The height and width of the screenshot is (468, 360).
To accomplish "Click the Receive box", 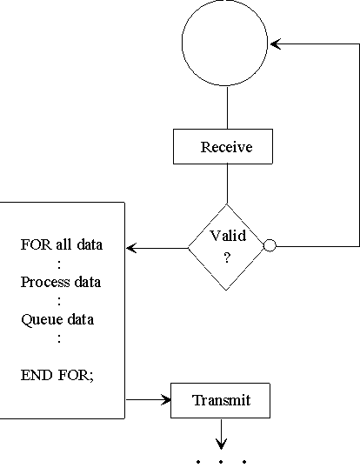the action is [x=223, y=146].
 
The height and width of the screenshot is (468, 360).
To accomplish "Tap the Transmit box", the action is [x=220, y=400].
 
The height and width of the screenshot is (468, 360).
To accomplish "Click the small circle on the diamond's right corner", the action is [x=270, y=245].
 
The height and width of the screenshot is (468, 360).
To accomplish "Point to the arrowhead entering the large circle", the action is [x=275, y=44].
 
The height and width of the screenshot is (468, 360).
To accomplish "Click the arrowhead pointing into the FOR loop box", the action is [x=131, y=248].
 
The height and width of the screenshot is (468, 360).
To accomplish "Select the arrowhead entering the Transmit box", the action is [x=166, y=399].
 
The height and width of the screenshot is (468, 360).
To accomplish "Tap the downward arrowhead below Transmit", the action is [x=221, y=444].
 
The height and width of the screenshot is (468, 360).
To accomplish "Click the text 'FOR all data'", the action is [x=62, y=244].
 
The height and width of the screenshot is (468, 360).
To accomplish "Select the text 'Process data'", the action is [x=61, y=282].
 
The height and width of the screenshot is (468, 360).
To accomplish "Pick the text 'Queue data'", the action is [x=57, y=319].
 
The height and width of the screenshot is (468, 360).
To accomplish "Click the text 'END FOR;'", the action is [x=57, y=375].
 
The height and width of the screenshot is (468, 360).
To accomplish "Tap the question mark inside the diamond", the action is [x=227, y=257].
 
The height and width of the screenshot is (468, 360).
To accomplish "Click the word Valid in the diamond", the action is [x=228, y=236].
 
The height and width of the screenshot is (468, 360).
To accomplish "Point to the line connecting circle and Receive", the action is [x=227, y=108].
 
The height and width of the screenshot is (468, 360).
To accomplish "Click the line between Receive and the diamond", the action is [x=227, y=184].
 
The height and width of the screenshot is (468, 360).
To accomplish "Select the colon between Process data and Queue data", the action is [x=59, y=301].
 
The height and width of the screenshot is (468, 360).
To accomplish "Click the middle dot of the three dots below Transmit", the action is [x=221, y=462].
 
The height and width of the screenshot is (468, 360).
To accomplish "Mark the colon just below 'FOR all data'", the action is [x=59, y=264].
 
